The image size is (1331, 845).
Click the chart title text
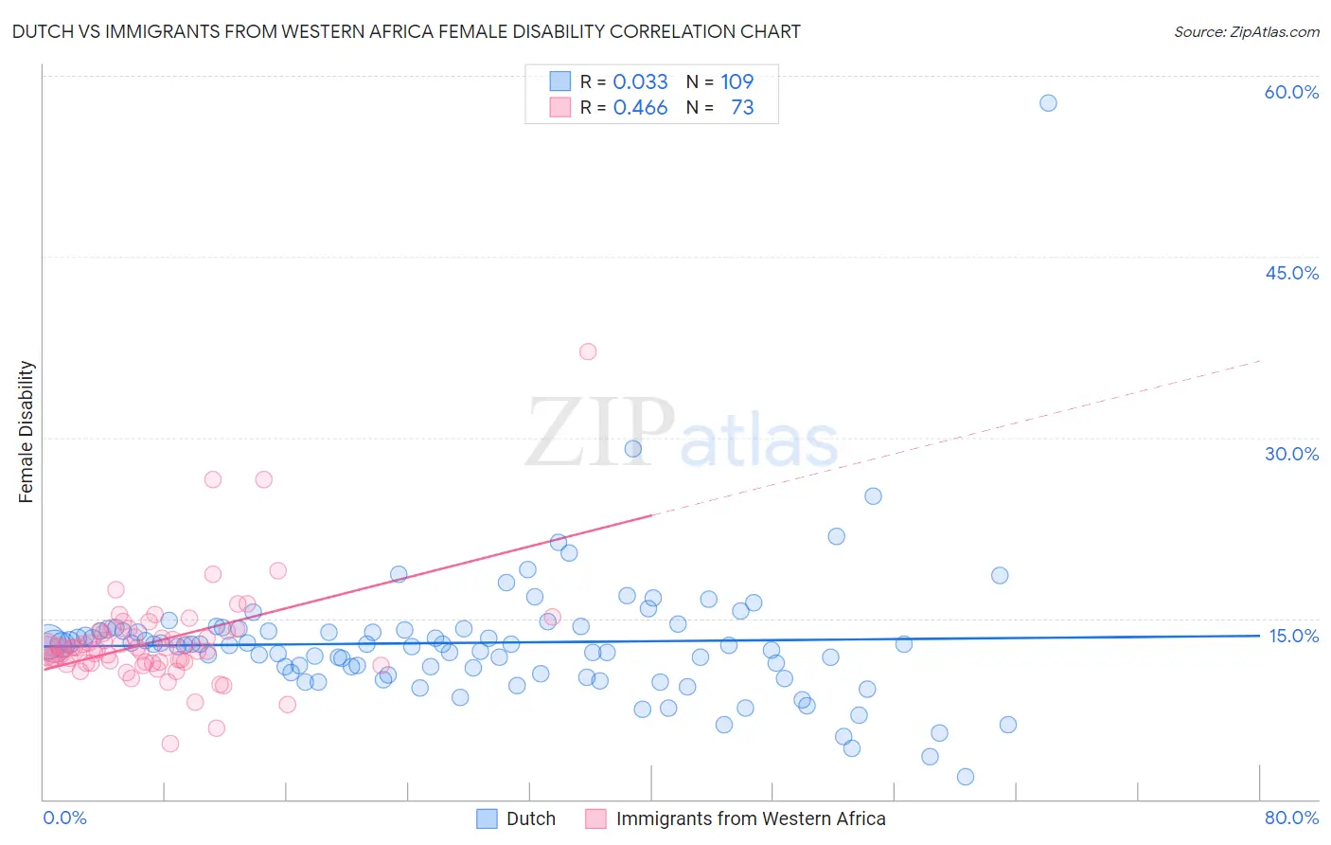(406, 31)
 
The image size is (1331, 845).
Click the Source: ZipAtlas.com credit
(1246, 31)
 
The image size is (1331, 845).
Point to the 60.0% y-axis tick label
(1291, 92)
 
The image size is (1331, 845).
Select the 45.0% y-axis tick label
(1291, 273)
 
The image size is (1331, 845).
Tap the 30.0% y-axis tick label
(1291, 454)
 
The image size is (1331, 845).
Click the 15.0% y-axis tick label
(1293, 636)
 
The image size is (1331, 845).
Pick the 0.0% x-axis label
(64, 818)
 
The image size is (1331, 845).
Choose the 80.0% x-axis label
(1291, 818)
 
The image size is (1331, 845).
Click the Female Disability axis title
(27, 432)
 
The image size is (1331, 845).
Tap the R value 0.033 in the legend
(640, 81)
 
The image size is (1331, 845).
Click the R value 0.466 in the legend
(640, 108)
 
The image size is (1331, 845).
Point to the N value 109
(736, 81)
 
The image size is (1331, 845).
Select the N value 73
(742, 108)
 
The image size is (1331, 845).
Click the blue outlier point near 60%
(1048, 103)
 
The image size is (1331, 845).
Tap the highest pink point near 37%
(588, 351)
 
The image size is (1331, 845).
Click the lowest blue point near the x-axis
(966, 777)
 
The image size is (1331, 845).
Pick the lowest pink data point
(170, 744)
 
